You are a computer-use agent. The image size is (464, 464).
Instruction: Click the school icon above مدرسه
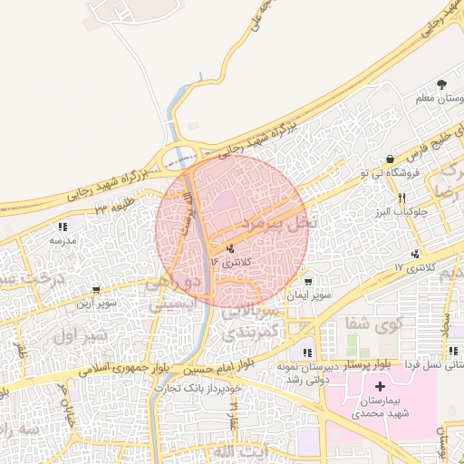point(62,227)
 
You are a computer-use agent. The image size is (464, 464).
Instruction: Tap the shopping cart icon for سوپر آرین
point(95,290)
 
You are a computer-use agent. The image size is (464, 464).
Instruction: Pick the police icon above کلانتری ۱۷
point(415,254)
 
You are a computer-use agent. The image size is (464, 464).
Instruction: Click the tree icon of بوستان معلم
point(441,83)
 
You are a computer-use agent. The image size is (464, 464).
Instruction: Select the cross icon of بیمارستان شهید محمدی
point(380,387)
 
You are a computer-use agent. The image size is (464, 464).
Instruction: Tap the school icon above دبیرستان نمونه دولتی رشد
point(308,353)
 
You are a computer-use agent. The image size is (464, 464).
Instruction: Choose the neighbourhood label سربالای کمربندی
point(249,324)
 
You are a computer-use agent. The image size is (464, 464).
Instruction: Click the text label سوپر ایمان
point(313,295)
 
